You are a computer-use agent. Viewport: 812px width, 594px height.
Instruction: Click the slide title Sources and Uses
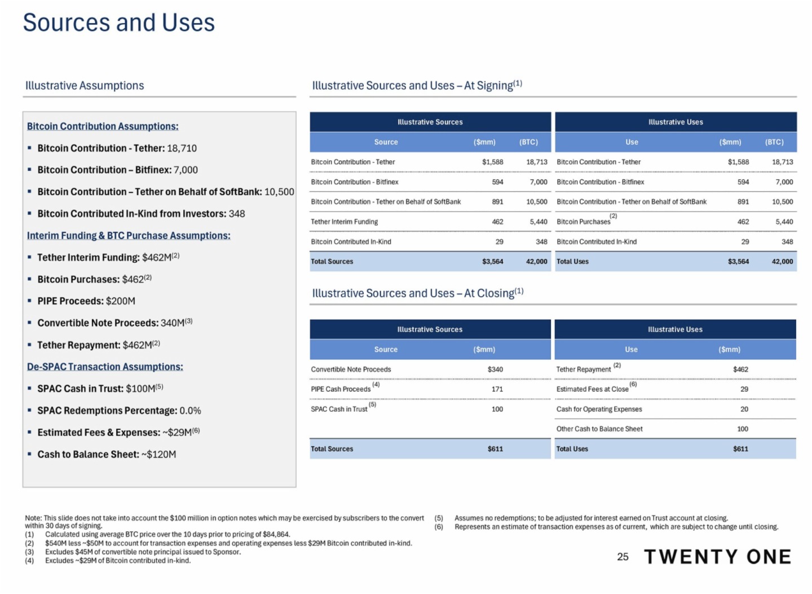[x=118, y=23]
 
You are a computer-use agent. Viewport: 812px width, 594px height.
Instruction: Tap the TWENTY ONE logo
[x=717, y=557]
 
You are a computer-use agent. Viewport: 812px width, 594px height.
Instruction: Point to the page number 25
[x=623, y=557]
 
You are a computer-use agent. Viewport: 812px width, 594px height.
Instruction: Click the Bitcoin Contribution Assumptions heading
[x=103, y=126]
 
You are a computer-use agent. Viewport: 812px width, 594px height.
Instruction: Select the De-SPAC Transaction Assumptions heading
[x=105, y=367]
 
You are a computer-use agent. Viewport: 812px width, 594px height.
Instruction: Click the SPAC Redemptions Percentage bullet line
[x=119, y=411]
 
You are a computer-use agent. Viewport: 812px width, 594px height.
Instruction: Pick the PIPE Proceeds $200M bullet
[x=86, y=301]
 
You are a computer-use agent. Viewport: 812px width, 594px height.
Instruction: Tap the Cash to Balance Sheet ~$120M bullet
[x=107, y=455]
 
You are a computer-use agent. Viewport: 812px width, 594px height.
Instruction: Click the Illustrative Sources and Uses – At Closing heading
[x=417, y=293]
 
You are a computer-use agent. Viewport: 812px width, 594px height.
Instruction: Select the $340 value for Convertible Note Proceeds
[x=495, y=369]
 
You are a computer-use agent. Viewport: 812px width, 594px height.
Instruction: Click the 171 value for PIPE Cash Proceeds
[x=497, y=389]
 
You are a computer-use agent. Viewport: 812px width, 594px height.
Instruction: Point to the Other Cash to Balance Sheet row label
[x=599, y=429]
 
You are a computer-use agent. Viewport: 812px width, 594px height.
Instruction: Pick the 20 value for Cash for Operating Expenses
[x=744, y=409]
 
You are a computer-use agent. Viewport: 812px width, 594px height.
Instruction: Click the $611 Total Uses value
[x=740, y=449]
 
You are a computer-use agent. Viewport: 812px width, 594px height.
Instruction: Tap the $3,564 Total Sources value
[x=492, y=261]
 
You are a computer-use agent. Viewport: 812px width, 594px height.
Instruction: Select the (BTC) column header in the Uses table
[x=774, y=142]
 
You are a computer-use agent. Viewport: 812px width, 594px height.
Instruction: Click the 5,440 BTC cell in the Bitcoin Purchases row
[x=784, y=222]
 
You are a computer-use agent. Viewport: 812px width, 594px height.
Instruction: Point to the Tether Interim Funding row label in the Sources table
[x=345, y=222]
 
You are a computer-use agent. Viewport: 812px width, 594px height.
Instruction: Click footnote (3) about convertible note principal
[x=143, y=552]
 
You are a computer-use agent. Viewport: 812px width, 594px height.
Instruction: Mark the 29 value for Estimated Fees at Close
[x=744, y=389]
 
